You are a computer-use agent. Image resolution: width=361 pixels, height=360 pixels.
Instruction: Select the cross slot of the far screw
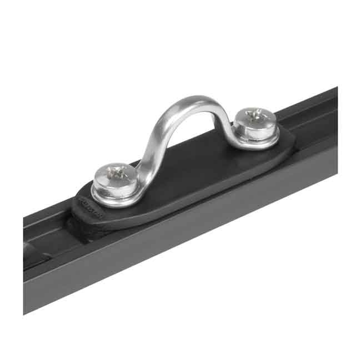point(256,115)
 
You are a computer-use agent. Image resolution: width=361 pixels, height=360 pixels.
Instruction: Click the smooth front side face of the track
point(194,233)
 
